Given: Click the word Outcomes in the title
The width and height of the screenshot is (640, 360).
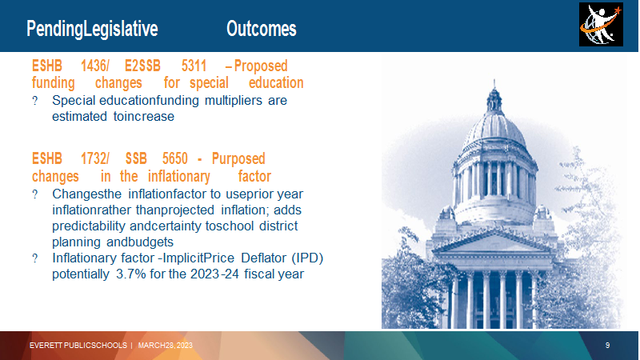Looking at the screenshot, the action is [x=262, y=29].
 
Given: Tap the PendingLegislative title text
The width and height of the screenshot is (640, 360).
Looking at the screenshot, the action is [x=92, y=29].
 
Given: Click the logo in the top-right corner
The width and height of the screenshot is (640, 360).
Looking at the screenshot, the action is [x=601, y=25].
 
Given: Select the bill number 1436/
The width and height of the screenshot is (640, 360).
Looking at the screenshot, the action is [x=94, y=66].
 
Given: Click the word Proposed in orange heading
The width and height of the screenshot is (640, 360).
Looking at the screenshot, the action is [x=261, y=66].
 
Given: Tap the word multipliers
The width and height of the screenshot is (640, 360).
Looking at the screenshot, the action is [x=234, y=101].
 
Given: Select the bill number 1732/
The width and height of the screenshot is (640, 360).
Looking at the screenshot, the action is [x=94, y=158].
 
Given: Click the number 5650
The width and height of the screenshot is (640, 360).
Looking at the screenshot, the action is [x=175, y=158].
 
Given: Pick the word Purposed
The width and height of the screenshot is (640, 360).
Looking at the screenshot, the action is [x=238, y=158].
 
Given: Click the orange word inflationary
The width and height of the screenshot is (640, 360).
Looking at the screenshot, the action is [x=178, y=177].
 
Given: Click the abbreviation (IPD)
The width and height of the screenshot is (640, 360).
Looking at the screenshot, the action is [x=307, y=258].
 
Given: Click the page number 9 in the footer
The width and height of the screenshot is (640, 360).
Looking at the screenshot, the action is [x=607, y=346].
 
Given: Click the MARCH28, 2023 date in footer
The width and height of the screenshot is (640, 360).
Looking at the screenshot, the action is [x=166, y=346].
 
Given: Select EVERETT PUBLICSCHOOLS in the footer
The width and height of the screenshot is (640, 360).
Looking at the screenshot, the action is [x=78, y=346].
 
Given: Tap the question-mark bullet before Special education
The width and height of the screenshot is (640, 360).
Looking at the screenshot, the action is [x=35, y=101].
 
